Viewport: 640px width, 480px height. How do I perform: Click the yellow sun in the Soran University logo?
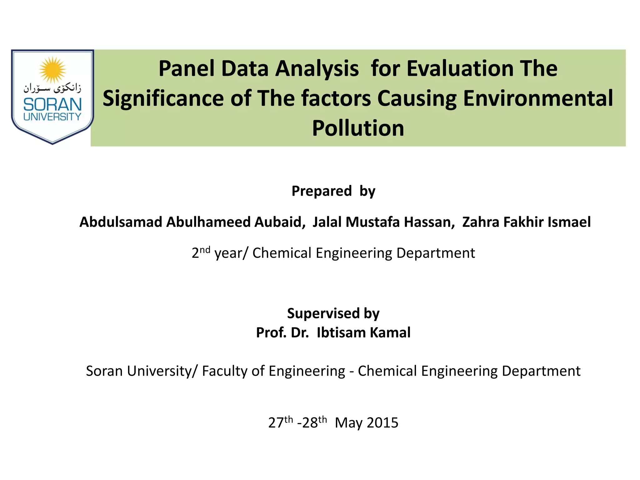click(52, 70)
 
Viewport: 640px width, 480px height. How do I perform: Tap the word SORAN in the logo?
click(52, 104)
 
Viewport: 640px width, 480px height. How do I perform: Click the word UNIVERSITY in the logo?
click(52, 117)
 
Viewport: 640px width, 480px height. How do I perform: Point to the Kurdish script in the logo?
click(52, 88)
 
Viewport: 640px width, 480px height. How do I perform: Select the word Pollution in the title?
click(358, 128)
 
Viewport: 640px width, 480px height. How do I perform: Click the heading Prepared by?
click(333, 191)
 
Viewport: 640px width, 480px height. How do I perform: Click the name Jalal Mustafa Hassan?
click(383, 222)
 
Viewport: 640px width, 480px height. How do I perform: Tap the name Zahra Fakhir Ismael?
click(526, 222)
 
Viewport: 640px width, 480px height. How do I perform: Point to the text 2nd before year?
click(201, 252)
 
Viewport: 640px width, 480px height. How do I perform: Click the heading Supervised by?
click(333, 313)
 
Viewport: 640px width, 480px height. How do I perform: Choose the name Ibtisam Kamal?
click(363, 332)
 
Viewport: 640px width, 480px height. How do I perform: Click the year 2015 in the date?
click(382, 423)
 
